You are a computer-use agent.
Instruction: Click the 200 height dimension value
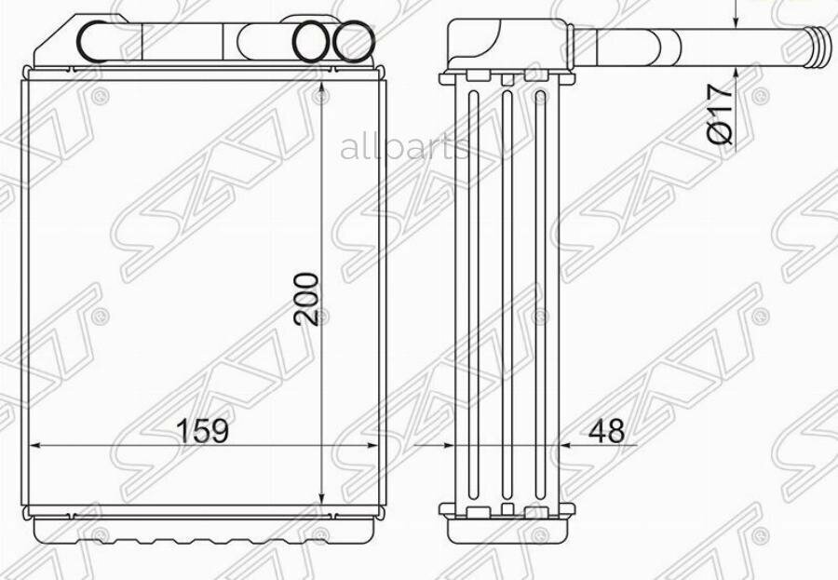(306, 299)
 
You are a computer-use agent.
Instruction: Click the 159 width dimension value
(203, 430)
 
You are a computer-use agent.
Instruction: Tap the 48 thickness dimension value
(606, 430)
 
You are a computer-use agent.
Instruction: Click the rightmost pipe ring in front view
(354, 42)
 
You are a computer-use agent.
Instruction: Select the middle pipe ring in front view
(312, 42)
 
